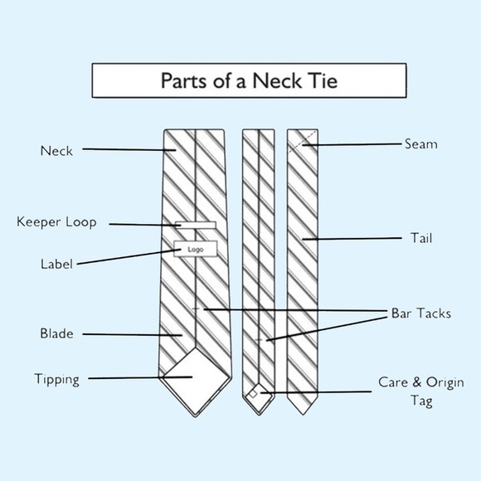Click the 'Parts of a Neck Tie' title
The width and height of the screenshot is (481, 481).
249,80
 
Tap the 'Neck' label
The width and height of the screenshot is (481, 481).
56,151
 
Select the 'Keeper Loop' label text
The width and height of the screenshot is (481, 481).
56,222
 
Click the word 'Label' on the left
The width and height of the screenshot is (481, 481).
56,264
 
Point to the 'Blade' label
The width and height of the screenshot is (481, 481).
56,333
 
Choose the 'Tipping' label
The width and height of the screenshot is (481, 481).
56,380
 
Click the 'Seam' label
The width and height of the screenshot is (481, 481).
421,143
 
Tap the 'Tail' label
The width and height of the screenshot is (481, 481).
421,238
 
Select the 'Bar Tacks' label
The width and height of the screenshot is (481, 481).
421,313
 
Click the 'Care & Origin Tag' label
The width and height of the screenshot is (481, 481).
421,391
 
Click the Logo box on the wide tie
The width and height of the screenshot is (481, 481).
196,249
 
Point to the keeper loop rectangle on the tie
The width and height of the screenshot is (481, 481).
196,226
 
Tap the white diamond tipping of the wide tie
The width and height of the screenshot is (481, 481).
196,381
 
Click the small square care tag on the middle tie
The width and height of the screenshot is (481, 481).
253,394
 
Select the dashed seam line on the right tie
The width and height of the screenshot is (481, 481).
303,141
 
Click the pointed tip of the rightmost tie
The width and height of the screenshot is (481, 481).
303,415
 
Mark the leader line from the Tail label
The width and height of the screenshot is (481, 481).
352,238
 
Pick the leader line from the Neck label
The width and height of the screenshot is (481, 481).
129,150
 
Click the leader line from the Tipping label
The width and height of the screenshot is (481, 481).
140,377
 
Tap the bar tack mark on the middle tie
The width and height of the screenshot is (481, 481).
259,340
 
